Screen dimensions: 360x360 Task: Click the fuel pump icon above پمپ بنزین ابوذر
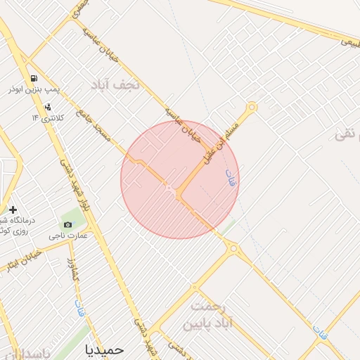click(33, 77)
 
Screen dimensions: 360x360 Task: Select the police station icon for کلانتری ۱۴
click(47, 107)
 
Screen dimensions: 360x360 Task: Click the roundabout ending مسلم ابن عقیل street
click(252, 107)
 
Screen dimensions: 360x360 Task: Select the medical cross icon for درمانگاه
click(13, 210)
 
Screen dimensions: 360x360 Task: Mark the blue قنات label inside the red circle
click(229, 177)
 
